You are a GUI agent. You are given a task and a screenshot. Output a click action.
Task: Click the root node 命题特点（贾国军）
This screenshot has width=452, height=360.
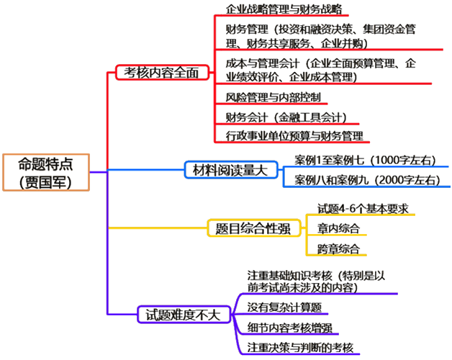point(45,172)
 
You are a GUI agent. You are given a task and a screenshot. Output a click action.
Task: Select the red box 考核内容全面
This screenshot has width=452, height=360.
point(162,73)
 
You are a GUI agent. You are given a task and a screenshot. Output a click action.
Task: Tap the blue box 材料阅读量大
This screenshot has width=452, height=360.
point(225,170)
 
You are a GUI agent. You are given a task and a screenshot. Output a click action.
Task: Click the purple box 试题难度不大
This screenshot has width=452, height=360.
point(183,315)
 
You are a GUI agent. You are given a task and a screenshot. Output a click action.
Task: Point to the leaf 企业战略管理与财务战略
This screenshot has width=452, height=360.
point(284,9)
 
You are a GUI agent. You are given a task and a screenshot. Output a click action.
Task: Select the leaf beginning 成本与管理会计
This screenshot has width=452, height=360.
point(320,69)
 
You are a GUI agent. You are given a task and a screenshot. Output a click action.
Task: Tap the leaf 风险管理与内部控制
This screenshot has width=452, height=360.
point(274,96)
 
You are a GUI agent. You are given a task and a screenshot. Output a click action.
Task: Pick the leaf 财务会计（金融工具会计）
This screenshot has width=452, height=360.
point(286,116)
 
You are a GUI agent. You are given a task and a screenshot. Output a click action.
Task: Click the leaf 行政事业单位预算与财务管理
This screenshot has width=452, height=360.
point(294,135)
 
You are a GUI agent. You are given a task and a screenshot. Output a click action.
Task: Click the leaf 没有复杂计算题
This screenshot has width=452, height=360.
point(284,307)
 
